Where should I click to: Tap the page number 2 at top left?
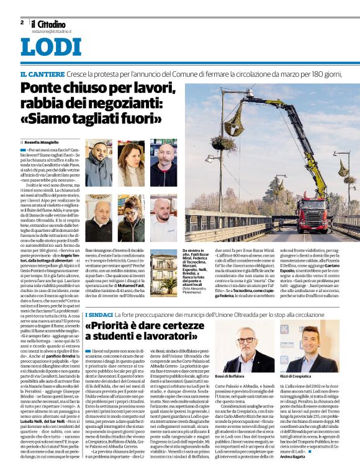[22, 22]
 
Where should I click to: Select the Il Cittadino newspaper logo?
[51, 22]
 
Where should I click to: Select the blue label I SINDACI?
[97, 316]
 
